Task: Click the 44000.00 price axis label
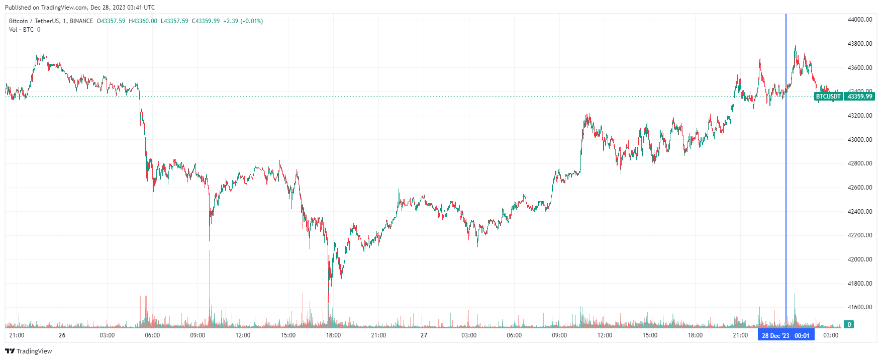pos(859,20)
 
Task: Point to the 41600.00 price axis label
pos(859,307)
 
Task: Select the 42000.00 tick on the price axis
pos(859,259)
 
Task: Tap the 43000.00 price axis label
pos(859,140)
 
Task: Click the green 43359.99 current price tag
pos(859,97)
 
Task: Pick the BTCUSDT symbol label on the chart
pos(828,97)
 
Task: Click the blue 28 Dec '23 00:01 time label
pos(786,335)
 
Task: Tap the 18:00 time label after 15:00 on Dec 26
pos(333,335)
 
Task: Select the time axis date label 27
pos(424,335)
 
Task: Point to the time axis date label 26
pos(62,335)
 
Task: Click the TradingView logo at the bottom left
pos(29,351)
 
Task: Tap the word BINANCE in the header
pos(81,21)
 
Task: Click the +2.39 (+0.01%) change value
pos(243,21)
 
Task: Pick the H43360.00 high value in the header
pos(143,21)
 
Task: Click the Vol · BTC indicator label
pos(21,30)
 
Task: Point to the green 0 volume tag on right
pos(849,325)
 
